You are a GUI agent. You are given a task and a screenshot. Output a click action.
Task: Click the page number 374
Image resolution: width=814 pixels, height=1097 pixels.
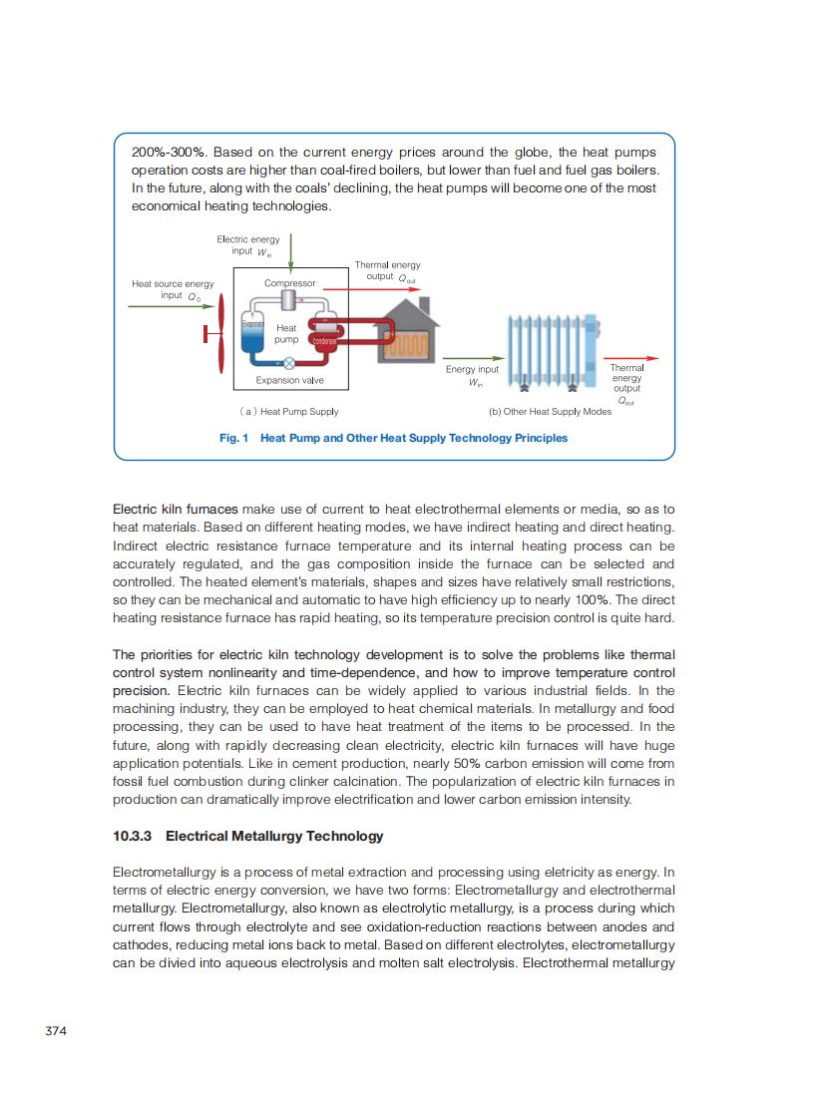point(56,1030)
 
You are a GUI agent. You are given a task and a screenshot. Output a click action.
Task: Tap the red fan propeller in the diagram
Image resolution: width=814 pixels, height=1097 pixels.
point(220,333)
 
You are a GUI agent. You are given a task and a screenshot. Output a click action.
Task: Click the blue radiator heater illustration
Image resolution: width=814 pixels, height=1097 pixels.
point(552,349)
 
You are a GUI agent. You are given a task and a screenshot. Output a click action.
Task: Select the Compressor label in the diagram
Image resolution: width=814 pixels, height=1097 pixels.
point(289,283)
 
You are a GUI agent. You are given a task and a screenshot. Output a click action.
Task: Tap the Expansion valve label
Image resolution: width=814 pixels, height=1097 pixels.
point(289,380)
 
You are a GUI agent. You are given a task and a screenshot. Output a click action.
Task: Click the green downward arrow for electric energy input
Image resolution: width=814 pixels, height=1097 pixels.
point(290,250)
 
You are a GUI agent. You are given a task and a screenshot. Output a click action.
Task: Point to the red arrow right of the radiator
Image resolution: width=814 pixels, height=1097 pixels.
point(631,358)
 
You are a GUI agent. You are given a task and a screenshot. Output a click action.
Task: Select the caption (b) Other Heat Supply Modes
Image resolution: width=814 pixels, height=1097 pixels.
point(550,411)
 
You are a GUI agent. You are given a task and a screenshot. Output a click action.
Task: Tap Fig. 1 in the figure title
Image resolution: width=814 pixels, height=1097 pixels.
point(233,438)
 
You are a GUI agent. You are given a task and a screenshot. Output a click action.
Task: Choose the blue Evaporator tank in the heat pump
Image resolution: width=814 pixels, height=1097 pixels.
point(252,334)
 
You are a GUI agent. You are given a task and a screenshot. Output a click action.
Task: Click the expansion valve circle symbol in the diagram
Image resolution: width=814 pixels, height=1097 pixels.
point(289,364)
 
